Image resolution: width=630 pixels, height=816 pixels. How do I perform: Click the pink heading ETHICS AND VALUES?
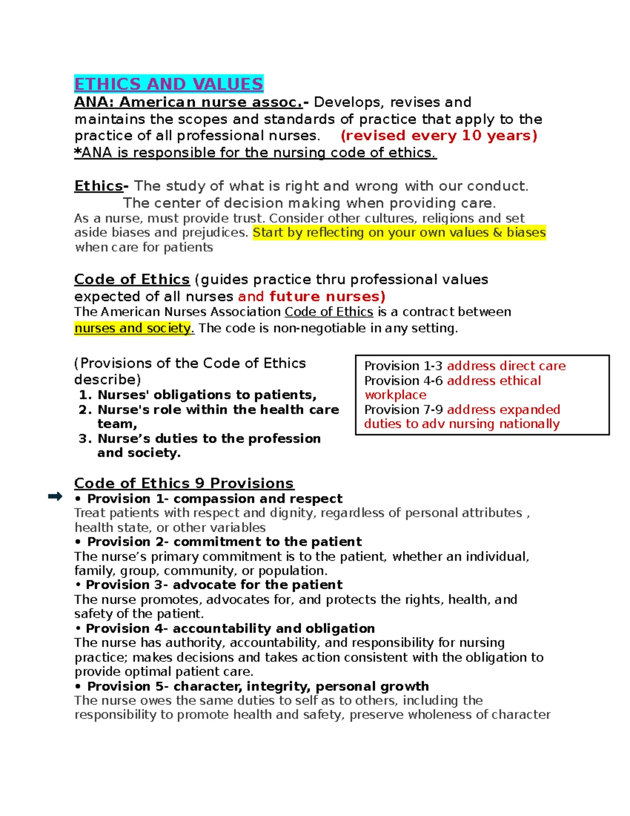click(x=169, y=84)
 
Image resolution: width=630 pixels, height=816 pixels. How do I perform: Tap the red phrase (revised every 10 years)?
click(x=439, y=136)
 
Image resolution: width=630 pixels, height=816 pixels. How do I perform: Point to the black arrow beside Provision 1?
click(x=55, y=497)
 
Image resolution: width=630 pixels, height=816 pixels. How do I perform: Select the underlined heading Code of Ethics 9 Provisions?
click(x=184, y=483)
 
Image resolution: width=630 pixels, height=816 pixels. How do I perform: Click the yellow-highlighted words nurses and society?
click(x=134, y=328)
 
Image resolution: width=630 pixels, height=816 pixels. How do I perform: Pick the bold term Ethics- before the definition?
click(x=101, y=186)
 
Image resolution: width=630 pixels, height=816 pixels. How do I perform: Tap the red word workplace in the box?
click(x=395, y=395)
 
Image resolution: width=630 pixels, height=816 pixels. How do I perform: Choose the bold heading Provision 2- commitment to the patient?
click(x=224, y=542)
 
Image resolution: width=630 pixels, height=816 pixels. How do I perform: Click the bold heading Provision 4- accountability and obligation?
click(x=230, y=628)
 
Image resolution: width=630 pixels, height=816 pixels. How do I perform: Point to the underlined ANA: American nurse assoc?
click(x=188, y=102)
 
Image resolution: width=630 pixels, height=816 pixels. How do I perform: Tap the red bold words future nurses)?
click(x=327, y=297)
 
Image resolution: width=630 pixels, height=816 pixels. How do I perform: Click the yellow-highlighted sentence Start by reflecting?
click(x=399, y=233)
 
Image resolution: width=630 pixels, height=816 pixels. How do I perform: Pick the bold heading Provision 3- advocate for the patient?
click(x=214, y=585)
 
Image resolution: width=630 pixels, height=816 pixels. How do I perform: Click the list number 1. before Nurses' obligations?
click(x=86, y=395)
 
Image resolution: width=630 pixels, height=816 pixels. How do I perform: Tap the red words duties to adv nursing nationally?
click(x=461, y=424)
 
